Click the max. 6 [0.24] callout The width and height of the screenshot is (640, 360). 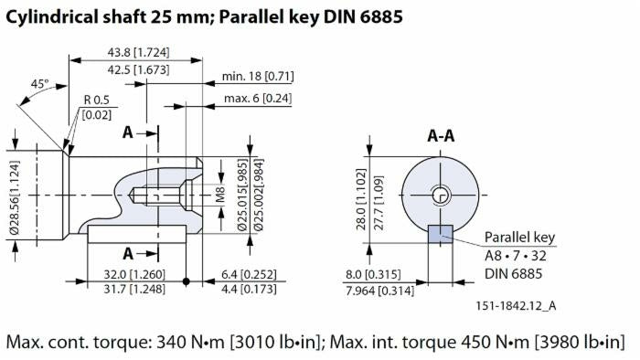(260, 98)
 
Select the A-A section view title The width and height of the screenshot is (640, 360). (442, 136)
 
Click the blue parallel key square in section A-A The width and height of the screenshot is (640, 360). (441, 234)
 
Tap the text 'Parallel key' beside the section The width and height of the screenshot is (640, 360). (519, 237)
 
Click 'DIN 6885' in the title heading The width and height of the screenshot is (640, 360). (352, 16)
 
